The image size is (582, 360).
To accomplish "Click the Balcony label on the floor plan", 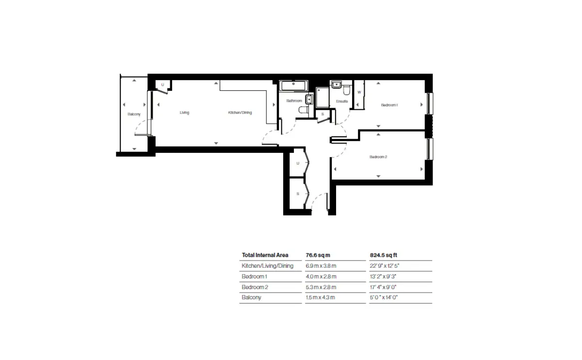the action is (134, 114).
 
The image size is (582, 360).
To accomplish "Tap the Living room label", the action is (184, 113).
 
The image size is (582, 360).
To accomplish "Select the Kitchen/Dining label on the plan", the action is (240, 113).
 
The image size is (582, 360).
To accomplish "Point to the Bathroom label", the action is (294, 100).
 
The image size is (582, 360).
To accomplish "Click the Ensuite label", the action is (342, 101).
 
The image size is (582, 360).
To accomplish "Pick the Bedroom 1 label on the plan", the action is (389, 105).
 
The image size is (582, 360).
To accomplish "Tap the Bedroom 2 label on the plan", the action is (378, 157).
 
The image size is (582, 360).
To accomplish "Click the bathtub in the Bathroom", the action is (293, 86).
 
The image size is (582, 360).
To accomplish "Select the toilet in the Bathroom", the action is (304, 110).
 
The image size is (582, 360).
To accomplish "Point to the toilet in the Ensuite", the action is (347, 90).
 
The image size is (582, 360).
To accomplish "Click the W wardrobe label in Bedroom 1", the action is (359, 92).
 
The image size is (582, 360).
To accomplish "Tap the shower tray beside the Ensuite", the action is (323, 97).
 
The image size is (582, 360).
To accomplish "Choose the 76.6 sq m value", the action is (318, 255).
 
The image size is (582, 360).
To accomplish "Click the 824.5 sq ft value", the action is (384, 255).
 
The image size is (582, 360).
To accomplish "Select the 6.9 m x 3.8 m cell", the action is (321, 266).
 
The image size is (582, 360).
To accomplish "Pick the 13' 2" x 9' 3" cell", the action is (383, 277).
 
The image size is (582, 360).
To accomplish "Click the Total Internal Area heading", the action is (265, 255).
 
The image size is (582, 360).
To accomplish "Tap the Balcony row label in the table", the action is (251, 297).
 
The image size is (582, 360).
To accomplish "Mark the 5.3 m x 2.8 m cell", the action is (321, 287).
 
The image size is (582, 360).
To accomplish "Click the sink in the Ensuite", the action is (337, 84).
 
